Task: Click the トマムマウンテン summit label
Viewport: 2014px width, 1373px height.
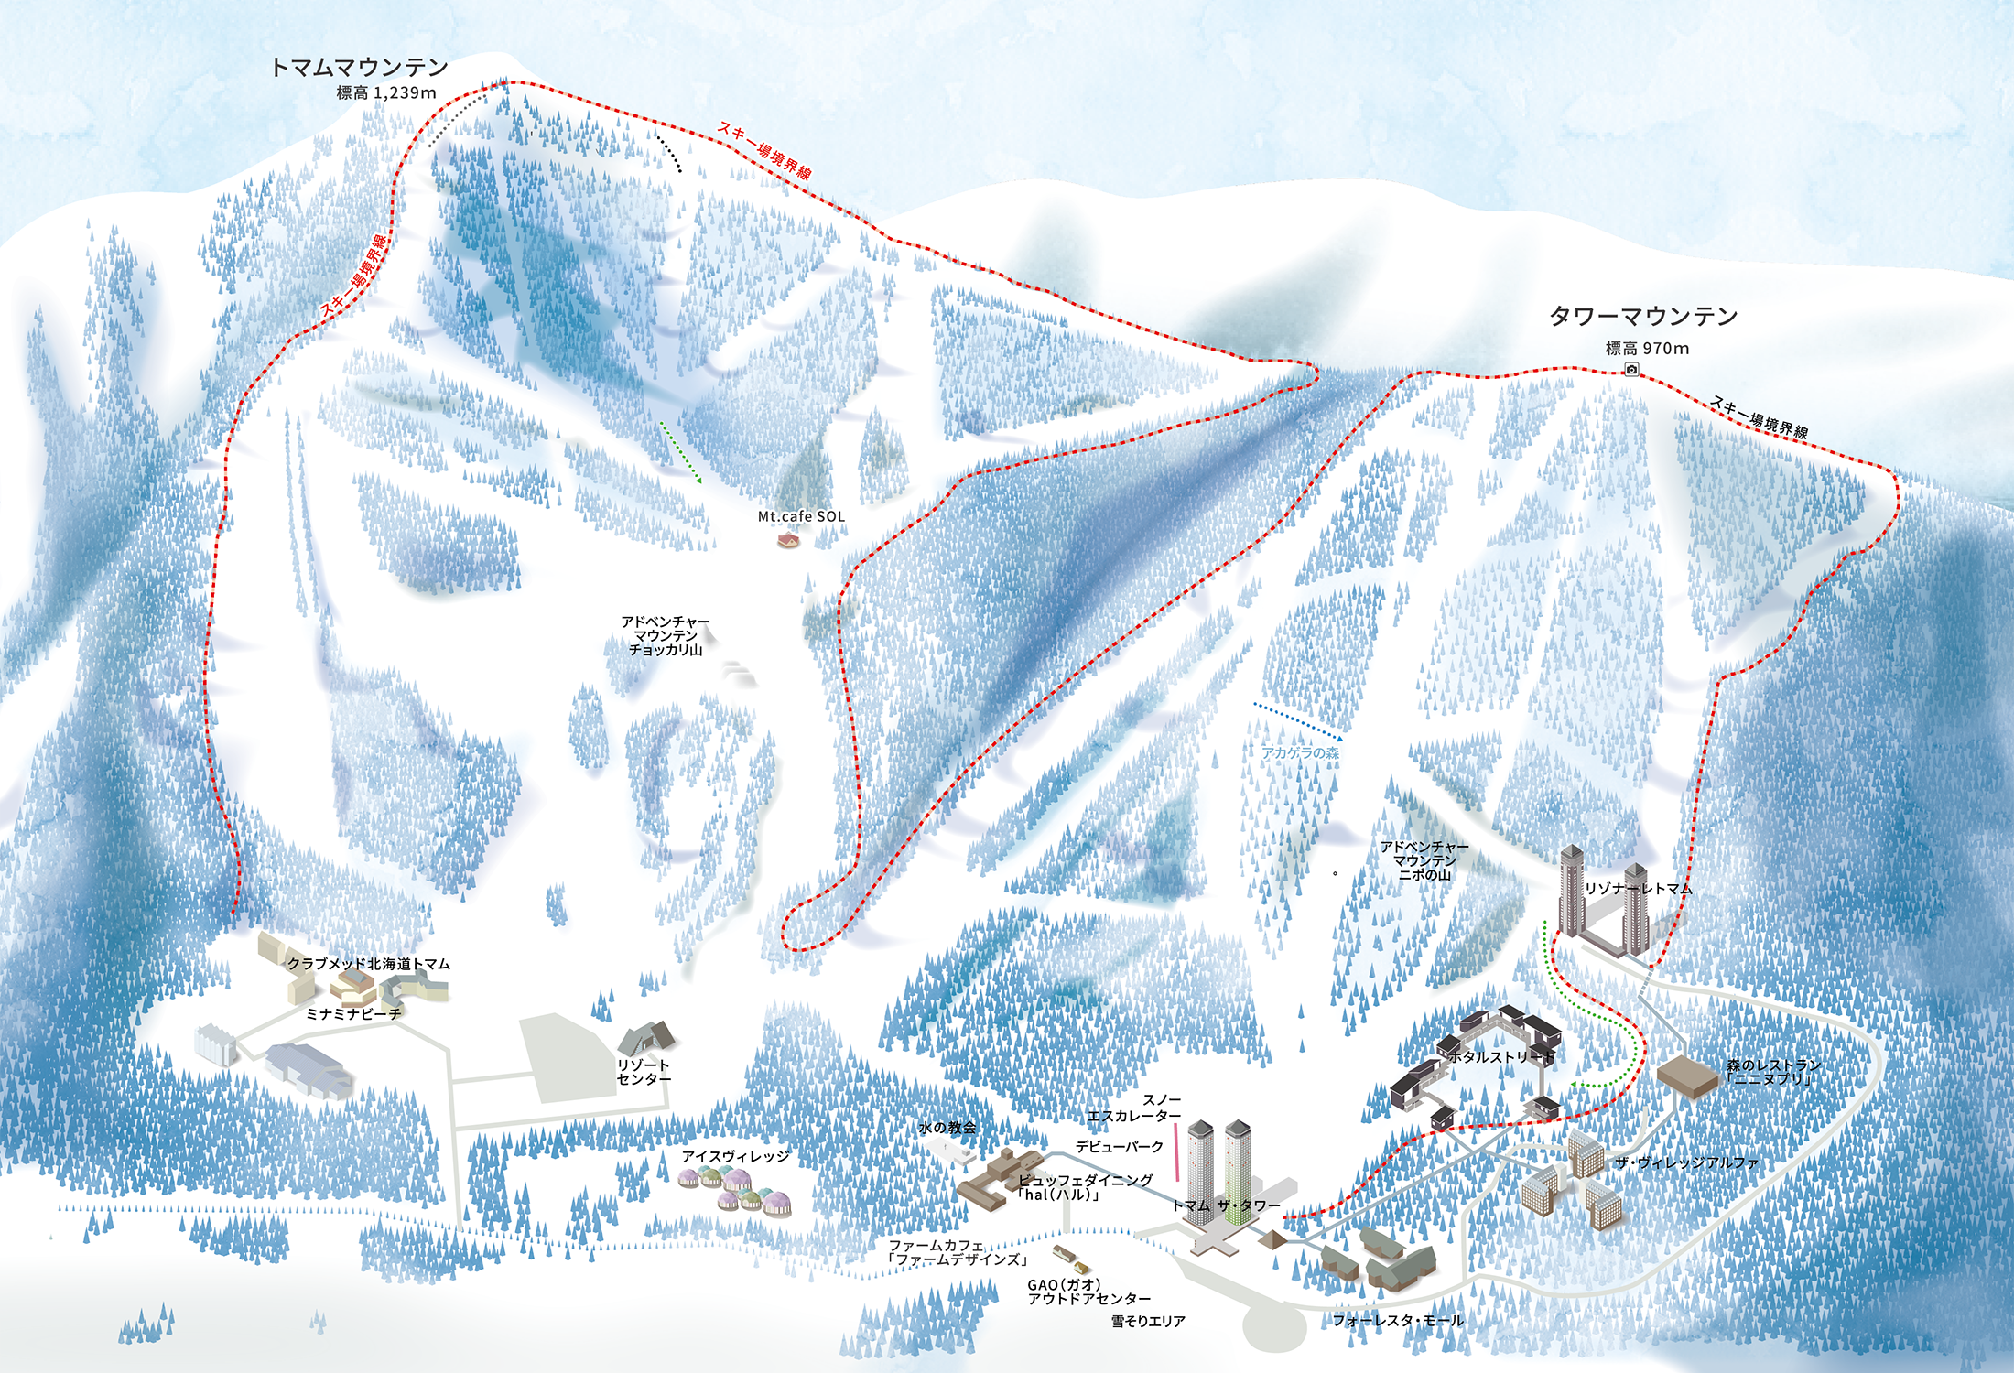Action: [x=359, y=67]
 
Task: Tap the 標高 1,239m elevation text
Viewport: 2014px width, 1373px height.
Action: [x=385, y=92]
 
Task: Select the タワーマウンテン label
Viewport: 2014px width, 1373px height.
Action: [x=1642, y=317]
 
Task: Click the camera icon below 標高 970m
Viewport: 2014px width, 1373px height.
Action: [x=1631, y=369]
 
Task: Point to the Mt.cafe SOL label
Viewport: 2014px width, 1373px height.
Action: [x=801, y=516]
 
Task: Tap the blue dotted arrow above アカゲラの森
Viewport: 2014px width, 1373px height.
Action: [x=1298, y=721]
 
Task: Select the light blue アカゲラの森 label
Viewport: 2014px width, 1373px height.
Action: [x=1300, y=752]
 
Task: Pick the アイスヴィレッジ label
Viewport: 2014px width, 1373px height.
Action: [x=735, y=1156]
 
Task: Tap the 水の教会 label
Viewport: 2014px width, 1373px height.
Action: [x=947, y=1128]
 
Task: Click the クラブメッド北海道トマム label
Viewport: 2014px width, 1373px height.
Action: [x=368, y=964]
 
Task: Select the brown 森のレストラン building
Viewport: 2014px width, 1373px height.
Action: [x=1687, y=1076]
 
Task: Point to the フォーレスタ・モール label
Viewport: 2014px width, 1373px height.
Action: [x=1397, y=1320]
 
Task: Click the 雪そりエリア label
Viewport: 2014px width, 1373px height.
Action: [x=1148, y=1321]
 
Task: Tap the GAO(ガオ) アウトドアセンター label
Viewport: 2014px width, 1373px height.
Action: [x=1088, y=1292]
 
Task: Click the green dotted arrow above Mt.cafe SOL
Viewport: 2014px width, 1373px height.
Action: [x=680, y=452]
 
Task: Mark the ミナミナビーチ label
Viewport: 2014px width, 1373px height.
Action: [x=353, y=1014]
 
